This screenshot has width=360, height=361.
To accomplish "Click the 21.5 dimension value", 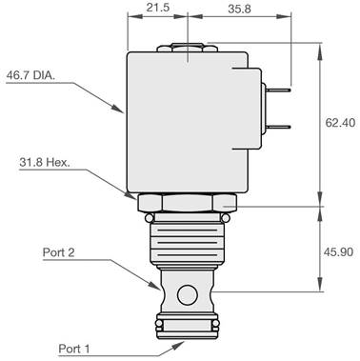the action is click(x=158, y=8).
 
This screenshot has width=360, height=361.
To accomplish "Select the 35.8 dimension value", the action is click(x=239, y=9).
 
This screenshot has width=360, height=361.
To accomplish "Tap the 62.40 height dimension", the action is click(x=340, y=122).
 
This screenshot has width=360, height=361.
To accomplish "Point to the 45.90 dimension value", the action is click(x=338, y=252).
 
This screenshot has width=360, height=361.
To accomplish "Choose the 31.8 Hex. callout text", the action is click(x=45, y=163).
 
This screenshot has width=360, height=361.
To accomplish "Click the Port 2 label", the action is click(x=59, y=252).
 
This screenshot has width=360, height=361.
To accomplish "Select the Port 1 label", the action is click(x=74, y=349).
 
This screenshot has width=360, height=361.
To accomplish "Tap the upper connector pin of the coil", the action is click(x=279, y=90).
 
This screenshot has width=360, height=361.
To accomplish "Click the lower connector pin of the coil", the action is click(x=279, y=127).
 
